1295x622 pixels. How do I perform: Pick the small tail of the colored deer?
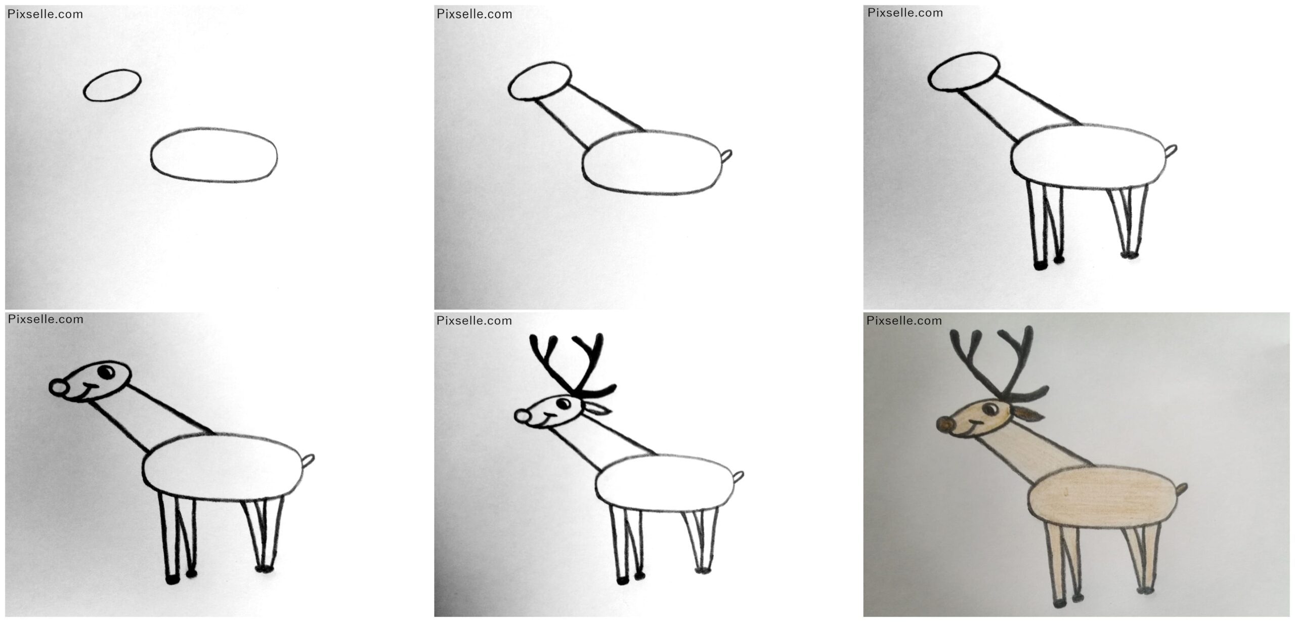[x=1181, y=490]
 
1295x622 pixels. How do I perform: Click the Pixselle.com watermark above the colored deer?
[x=904, y=320]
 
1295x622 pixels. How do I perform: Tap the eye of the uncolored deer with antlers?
[x=563, y=403]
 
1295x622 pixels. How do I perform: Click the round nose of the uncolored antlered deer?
[x=522, y=417]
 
